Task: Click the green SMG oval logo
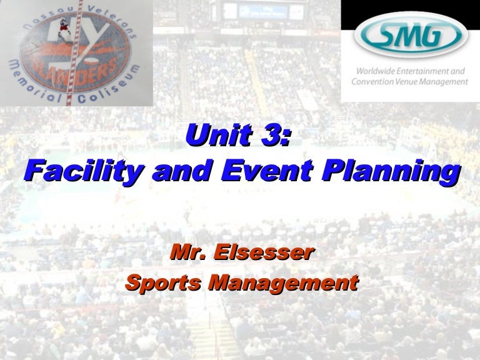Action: pos(410,34)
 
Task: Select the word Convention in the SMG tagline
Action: pos(374,81)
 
